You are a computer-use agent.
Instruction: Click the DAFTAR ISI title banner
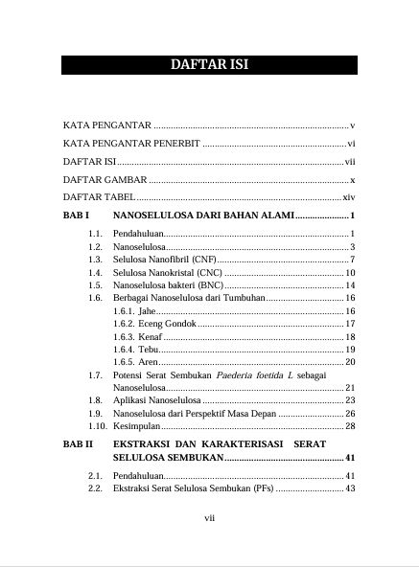tap(209, 65)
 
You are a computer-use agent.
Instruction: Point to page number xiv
tap(349, 196)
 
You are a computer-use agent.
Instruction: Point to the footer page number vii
tap(209, 518)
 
